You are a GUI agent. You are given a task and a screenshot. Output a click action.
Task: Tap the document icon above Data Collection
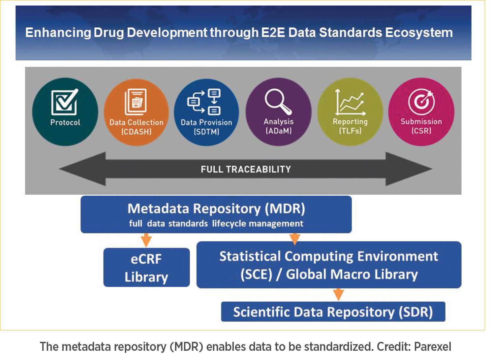coord(136,102)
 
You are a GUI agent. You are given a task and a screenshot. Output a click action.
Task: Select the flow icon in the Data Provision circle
coord(204,102)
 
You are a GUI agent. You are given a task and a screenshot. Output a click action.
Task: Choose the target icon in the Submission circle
coord(421,101)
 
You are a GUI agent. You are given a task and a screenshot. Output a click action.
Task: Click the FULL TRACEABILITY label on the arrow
coord(246,169)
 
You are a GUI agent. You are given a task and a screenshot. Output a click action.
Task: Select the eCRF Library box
coord(146,268)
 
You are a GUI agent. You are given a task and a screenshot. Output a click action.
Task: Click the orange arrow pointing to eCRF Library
coord(146,240)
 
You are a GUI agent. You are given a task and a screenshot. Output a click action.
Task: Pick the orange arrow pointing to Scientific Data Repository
coord(338,294)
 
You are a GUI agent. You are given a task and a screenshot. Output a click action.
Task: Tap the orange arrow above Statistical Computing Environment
coord(294,238)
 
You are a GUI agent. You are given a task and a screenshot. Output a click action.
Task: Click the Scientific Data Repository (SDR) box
coord(333,312)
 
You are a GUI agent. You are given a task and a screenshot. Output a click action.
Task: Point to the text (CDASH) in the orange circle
coord(136,132)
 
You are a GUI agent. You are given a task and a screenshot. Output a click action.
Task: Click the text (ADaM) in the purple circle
coord(278,131)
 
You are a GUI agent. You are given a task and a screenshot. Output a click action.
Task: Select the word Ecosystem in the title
coord(419,33)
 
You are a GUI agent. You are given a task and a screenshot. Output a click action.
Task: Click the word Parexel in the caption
coord(432,346)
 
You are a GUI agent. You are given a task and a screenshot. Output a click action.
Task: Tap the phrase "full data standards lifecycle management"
coord(216,224)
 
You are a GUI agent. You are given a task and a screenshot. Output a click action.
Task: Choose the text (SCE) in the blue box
coord(256,275)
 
